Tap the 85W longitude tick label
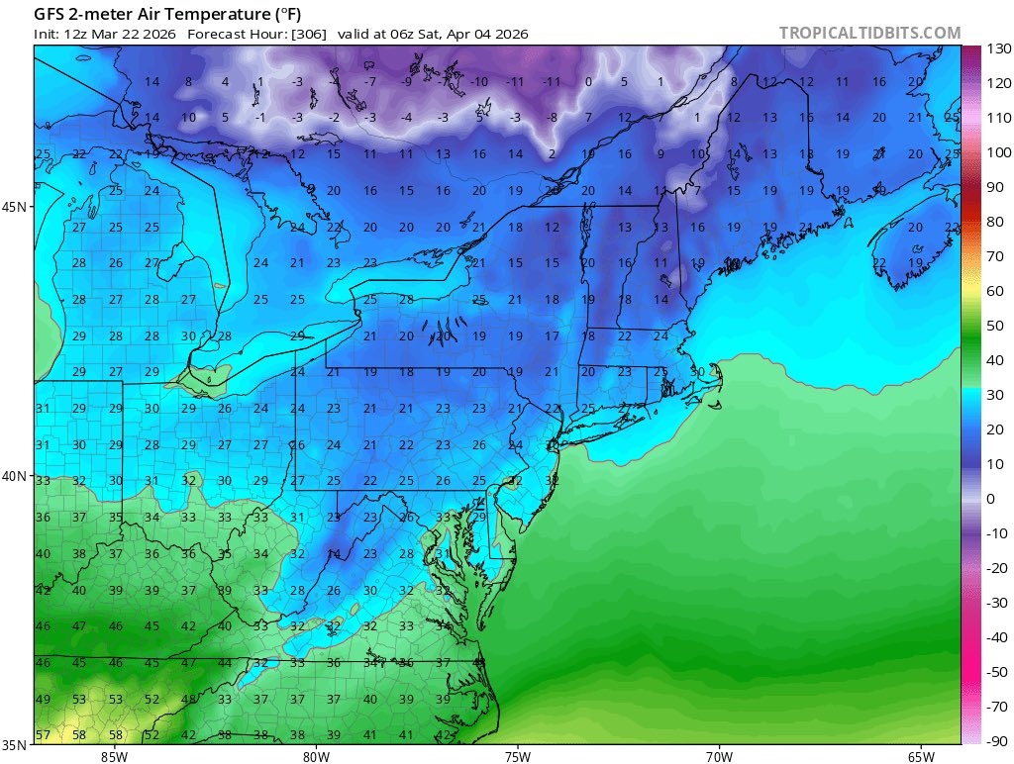coord(114,756)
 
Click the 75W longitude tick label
coord(517,756)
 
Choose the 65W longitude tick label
coord(920,756)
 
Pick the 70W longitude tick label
coord(719,756)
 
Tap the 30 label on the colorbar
coord(993,395)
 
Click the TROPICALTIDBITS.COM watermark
coord(869,33)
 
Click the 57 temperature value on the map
coord(43,735)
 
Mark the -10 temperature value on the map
coord(479,81)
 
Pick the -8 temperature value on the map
coord(552,118)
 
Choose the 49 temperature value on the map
coord(43,700)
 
